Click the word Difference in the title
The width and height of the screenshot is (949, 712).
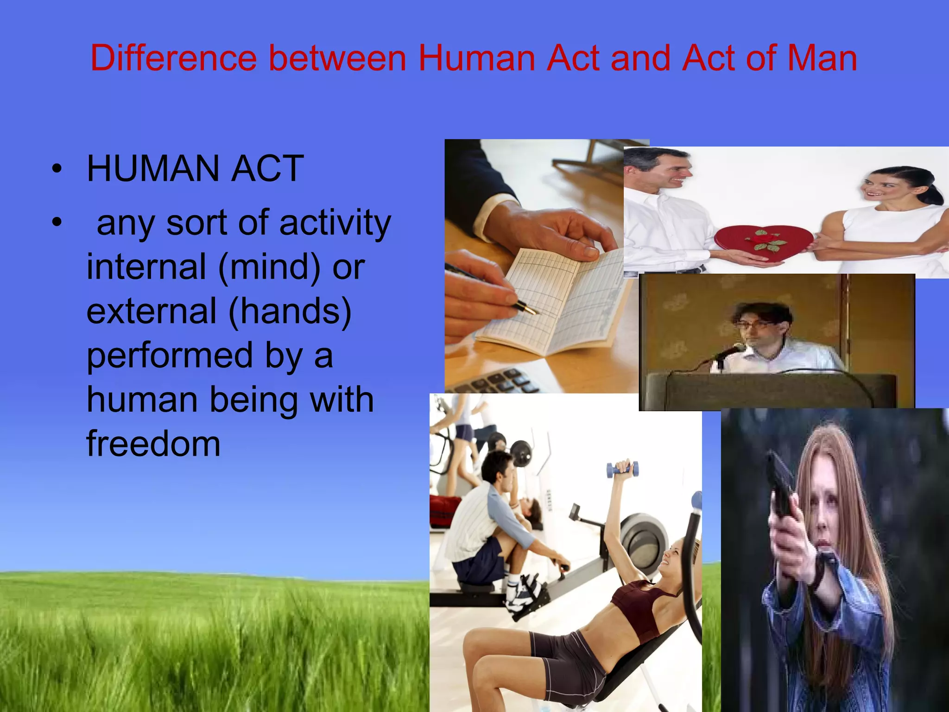tap(173, 58)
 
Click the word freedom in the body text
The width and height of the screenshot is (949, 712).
tap(153, 444)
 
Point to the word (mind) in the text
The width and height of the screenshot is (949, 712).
tap(269, 267)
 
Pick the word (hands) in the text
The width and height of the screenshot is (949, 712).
tap(290, 311)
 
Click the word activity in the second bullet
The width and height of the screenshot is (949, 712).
tap(335, 223)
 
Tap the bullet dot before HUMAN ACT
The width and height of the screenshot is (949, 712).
tap(57, 169)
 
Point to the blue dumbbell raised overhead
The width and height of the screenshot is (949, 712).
tap(622, 470)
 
